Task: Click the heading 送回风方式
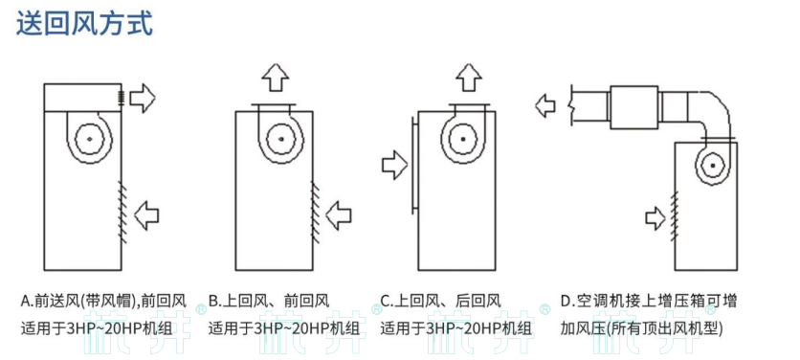click(x=84, y=22)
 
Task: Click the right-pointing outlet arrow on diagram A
click(x=143, y=97)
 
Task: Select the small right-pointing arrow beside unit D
click(x=655, y=217)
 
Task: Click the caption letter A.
click(x=26, y=301)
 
